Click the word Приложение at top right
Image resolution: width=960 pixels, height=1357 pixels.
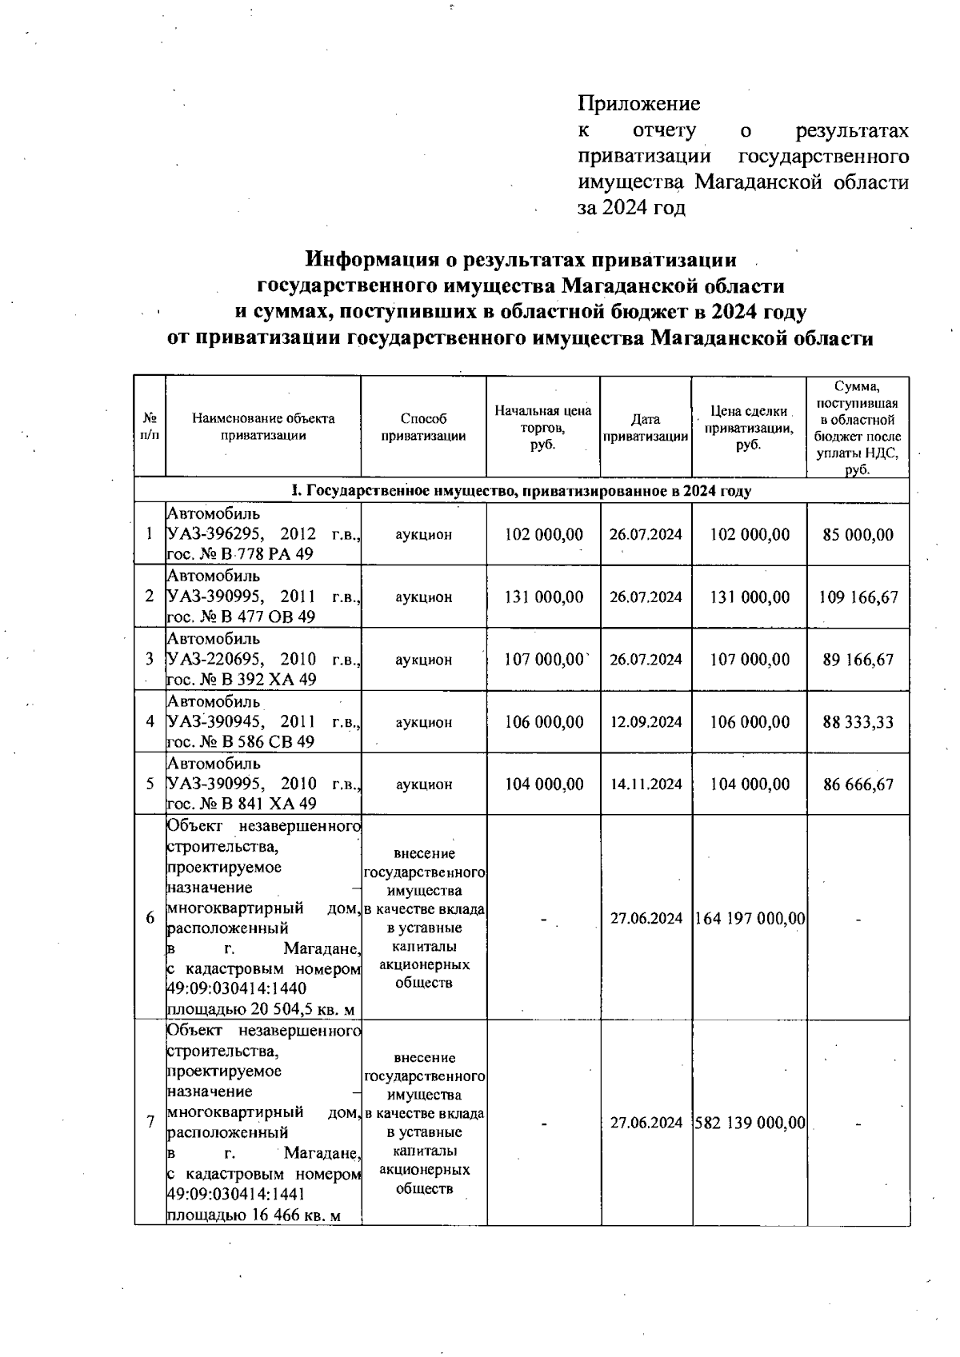tap(638, 104)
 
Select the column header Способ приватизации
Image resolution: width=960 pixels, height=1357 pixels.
tap(423, 427)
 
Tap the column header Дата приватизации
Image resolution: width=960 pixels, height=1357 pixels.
tap(645, 428)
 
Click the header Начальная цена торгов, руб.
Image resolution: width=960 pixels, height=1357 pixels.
tap(542, 427)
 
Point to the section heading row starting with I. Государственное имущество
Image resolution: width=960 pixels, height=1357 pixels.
tap(521, 490)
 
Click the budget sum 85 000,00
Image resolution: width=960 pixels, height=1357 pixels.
tap(858, 534)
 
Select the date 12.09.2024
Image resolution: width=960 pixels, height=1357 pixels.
tap(646, 722)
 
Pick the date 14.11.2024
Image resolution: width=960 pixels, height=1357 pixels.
tap(646, 784)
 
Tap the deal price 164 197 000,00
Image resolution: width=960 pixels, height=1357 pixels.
tap(750, 919)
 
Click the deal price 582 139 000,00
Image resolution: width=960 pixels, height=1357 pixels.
tap(750, 1123)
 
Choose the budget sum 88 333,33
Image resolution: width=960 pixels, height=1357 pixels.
tap(858, 722)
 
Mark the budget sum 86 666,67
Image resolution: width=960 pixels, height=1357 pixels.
tap(858, 784)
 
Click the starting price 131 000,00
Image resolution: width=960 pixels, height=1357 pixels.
tap(544, 597)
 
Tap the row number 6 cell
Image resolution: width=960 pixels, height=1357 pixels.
tap(150, 918)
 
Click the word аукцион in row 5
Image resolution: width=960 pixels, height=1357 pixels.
tap(423, 784)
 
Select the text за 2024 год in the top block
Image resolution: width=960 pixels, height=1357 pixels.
tap(632, 208)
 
